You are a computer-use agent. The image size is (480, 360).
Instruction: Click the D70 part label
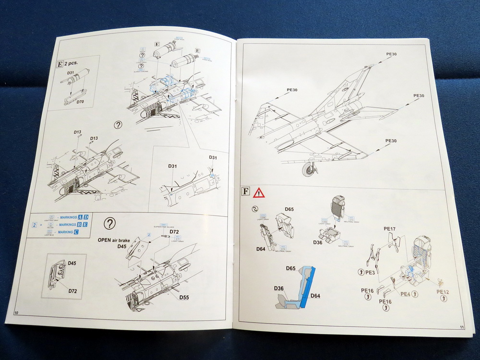click(x=80, y=102)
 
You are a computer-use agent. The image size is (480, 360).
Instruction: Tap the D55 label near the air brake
click(x=184, y=298)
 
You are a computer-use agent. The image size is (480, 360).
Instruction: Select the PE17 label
click(x=390, y=229)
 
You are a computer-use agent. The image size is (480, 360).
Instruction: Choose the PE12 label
click(x=443, y=292)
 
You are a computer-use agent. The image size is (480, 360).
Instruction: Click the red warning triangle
click(x=259, y=193)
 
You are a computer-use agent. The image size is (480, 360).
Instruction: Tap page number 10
click(x=17, y=312)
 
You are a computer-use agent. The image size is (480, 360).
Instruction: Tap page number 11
click(x=461, y=327)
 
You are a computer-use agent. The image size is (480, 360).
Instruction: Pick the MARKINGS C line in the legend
click(x=66, y=232)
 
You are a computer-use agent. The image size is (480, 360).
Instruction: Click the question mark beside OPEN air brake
click(x=110, y=223)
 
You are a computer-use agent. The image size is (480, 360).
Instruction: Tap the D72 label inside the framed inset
click(x=73, y=291)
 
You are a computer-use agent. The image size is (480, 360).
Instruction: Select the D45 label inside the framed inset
click(x=72, y=263)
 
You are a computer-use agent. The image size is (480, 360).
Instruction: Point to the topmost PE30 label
click(x=391, y=54)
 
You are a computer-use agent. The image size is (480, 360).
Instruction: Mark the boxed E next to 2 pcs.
click(x=60, y=64)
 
